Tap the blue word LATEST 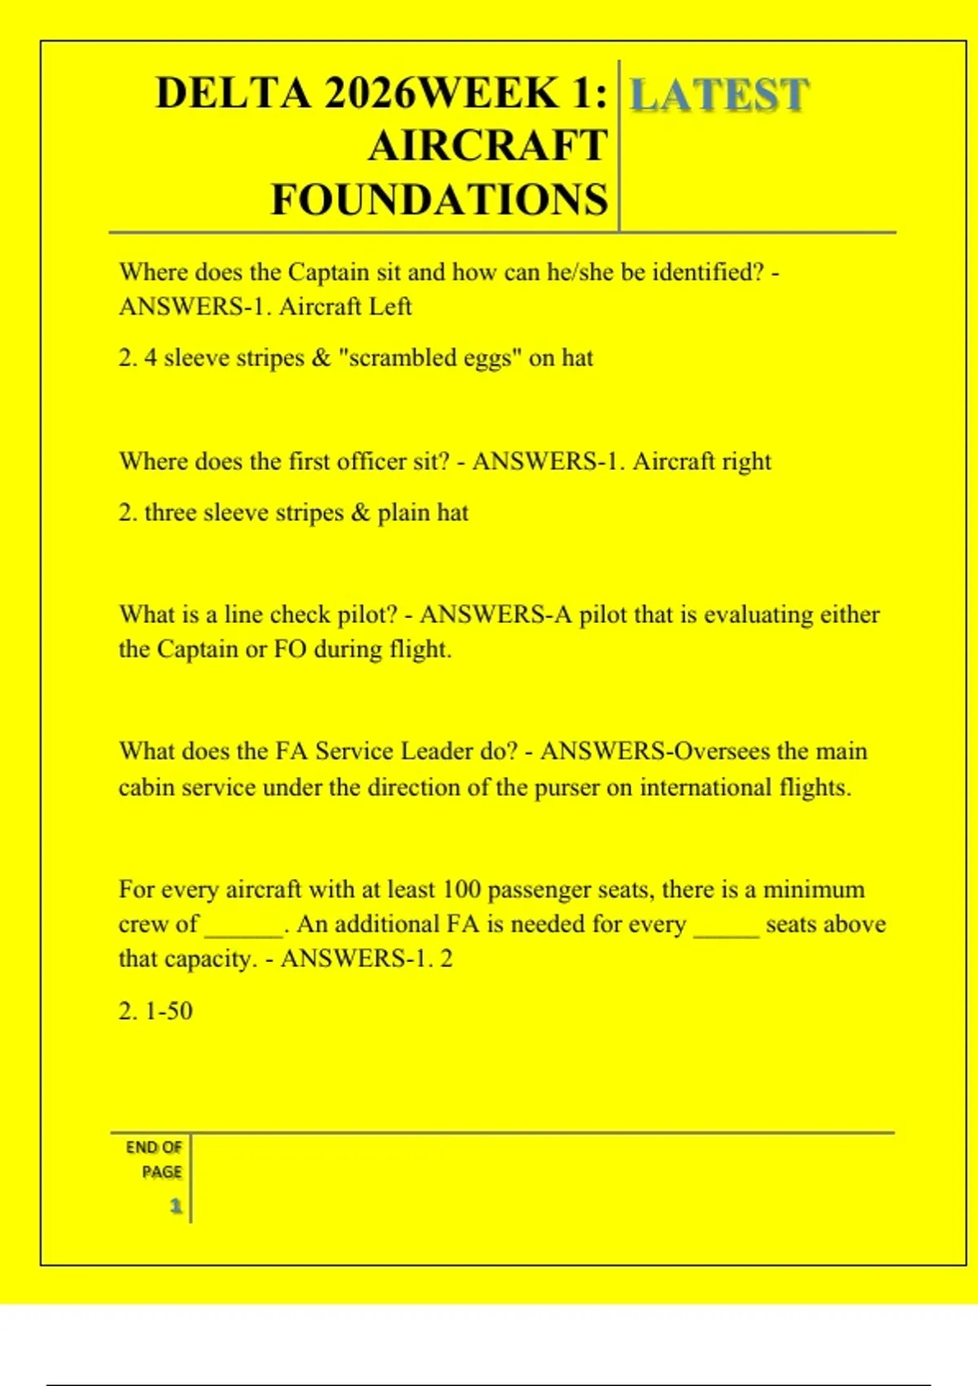[720, 95]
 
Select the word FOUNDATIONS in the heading [439, 200]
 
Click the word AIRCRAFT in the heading [487, 147]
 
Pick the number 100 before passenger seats [461, 889]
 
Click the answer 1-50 [168, 1011]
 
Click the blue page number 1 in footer [175, 1206]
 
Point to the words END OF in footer [153, 1147]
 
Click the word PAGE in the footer [161, 1172]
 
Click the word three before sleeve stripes [170, 513]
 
